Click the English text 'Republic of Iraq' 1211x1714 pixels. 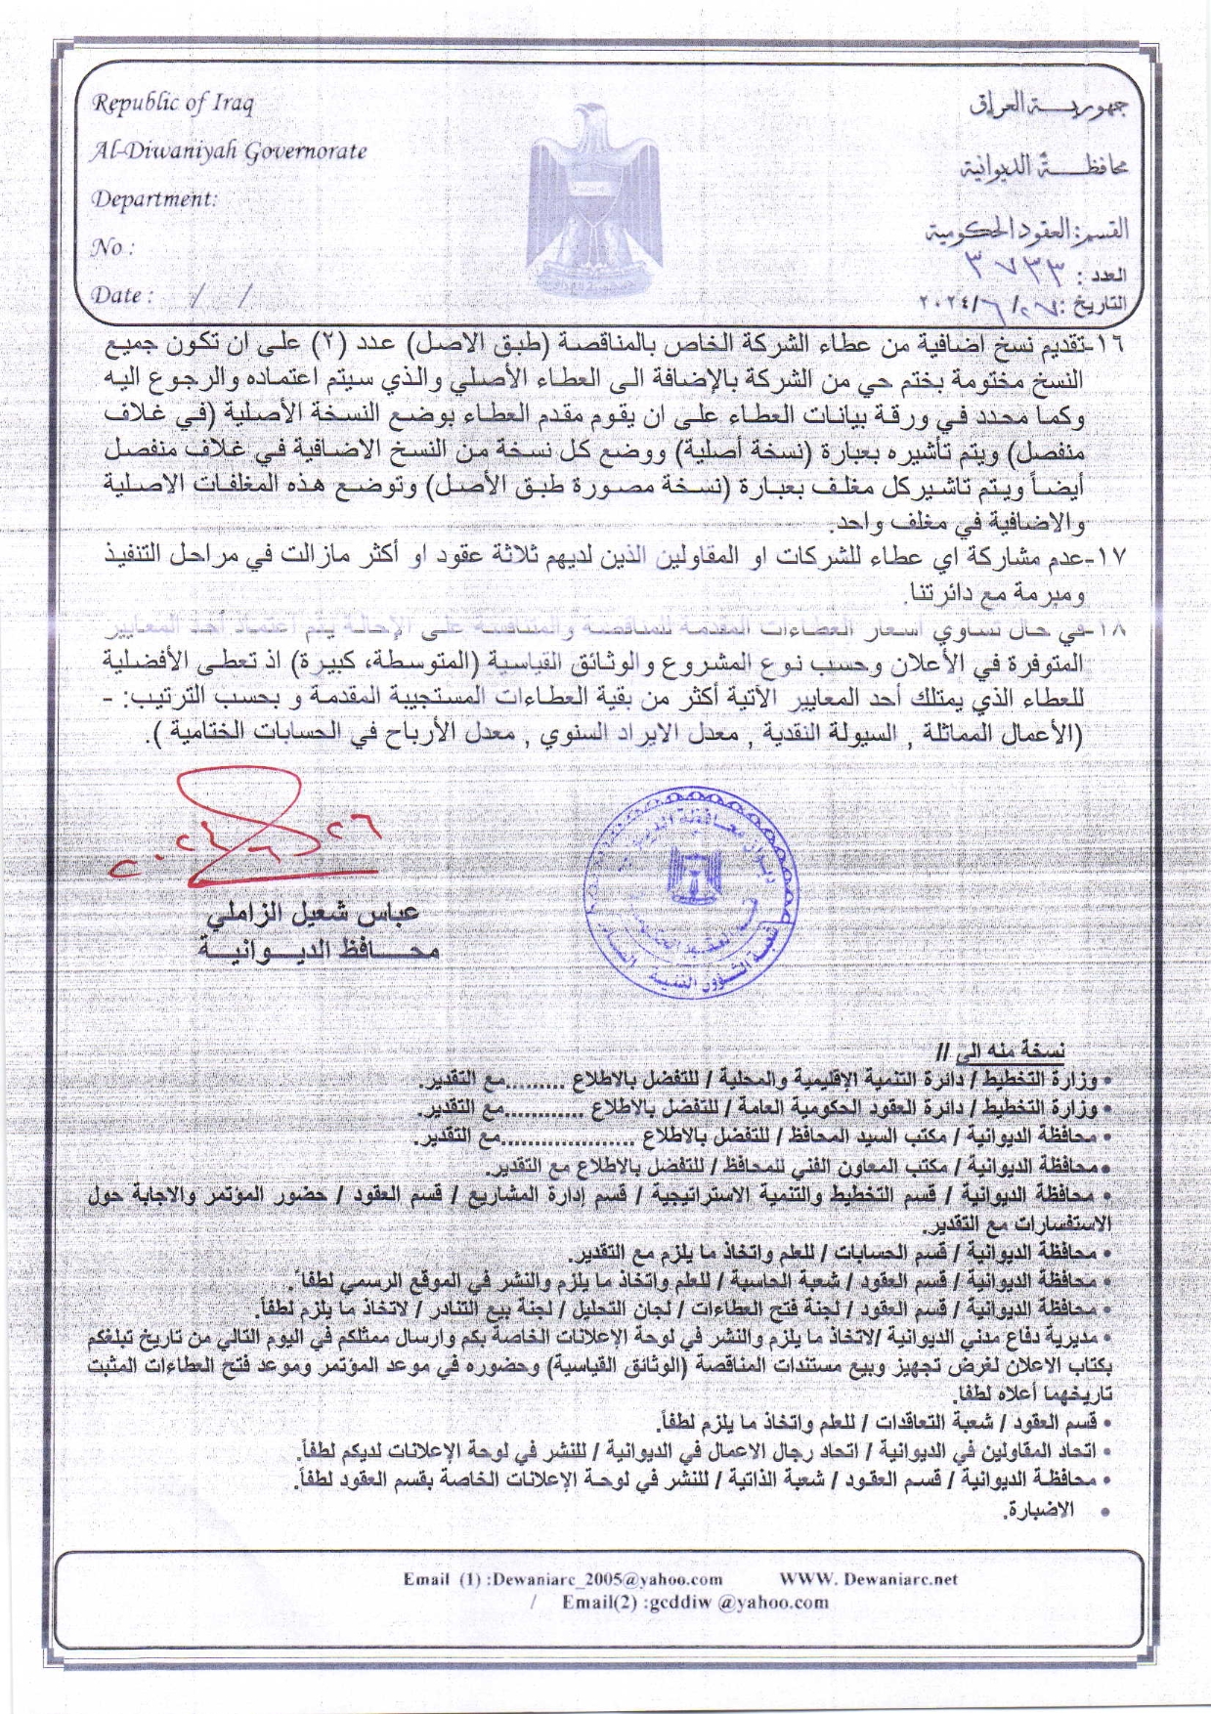[x=173, y=103]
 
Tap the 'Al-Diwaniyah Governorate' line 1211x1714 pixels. [x=229, y=150]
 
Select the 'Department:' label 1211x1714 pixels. [x=153, y=198]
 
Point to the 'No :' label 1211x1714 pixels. [x=111, y=247]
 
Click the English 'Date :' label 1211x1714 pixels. [x=122, y=294]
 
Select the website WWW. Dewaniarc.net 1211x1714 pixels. [x=868, y=1578]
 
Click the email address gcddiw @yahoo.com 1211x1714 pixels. [x=695, y=1603]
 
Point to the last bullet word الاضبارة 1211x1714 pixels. [x=1037, y=1510]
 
